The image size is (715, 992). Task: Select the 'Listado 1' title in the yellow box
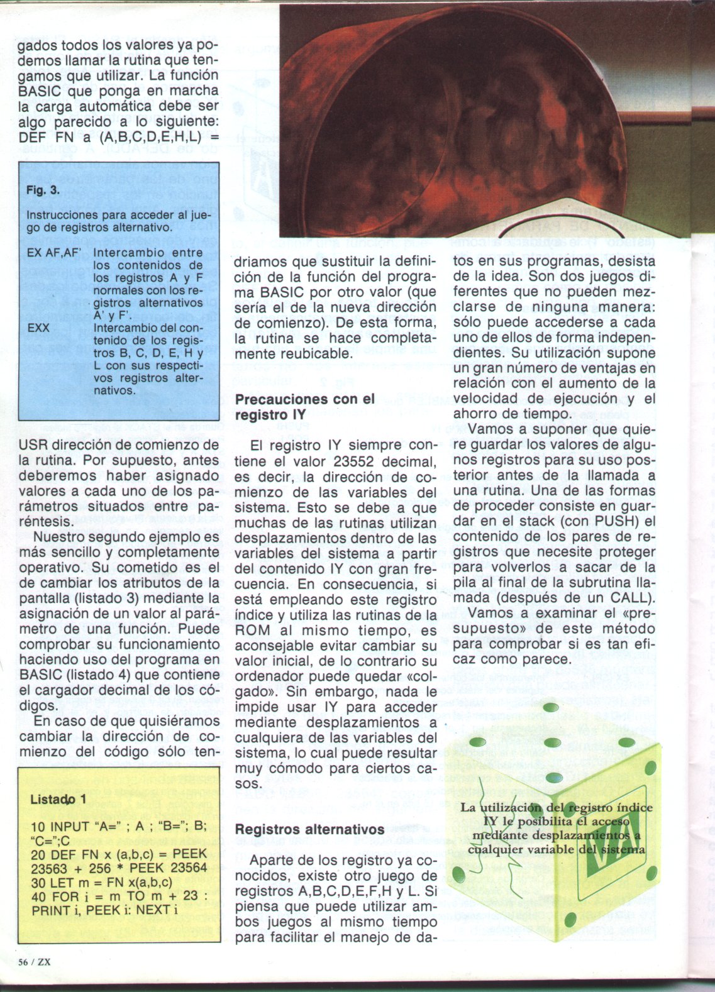coord(58,799)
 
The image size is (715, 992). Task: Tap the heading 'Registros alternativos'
coord(309,829)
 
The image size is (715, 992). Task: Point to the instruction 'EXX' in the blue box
coord(39,328)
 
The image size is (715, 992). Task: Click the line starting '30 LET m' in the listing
coord(102,881)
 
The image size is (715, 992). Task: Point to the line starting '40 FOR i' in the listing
coord(119,896)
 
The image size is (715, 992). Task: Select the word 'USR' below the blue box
coord(36,445)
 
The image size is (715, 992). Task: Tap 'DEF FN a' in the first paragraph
coord(54,136)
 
